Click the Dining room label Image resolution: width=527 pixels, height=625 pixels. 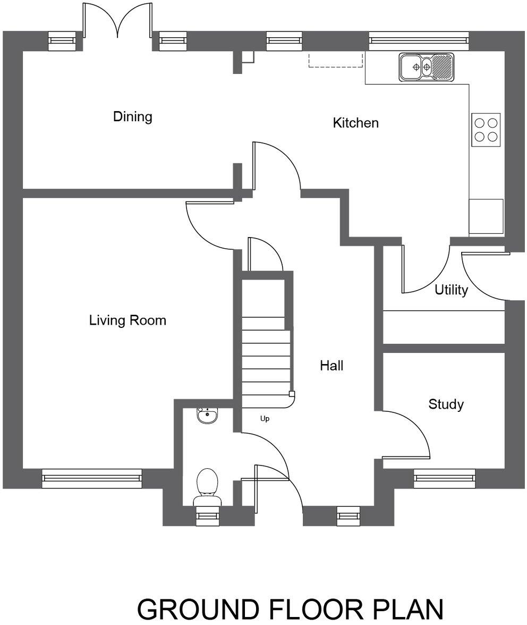132,116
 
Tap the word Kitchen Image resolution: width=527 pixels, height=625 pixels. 355,123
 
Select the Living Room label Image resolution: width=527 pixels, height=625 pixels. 127,320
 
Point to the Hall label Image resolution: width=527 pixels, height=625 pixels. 331,366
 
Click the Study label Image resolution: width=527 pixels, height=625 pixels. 446,404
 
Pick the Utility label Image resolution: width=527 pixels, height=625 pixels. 451,290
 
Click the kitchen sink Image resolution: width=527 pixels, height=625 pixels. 427,67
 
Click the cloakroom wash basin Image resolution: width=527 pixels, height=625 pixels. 207,416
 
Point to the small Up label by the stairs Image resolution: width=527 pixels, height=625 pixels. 265,419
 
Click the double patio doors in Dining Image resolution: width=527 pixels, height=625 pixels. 118,24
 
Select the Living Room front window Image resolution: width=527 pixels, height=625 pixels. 92,478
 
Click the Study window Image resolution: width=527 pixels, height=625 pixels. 445,478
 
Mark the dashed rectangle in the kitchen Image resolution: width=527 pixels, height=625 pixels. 336,60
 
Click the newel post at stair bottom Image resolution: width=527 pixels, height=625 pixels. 292,394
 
